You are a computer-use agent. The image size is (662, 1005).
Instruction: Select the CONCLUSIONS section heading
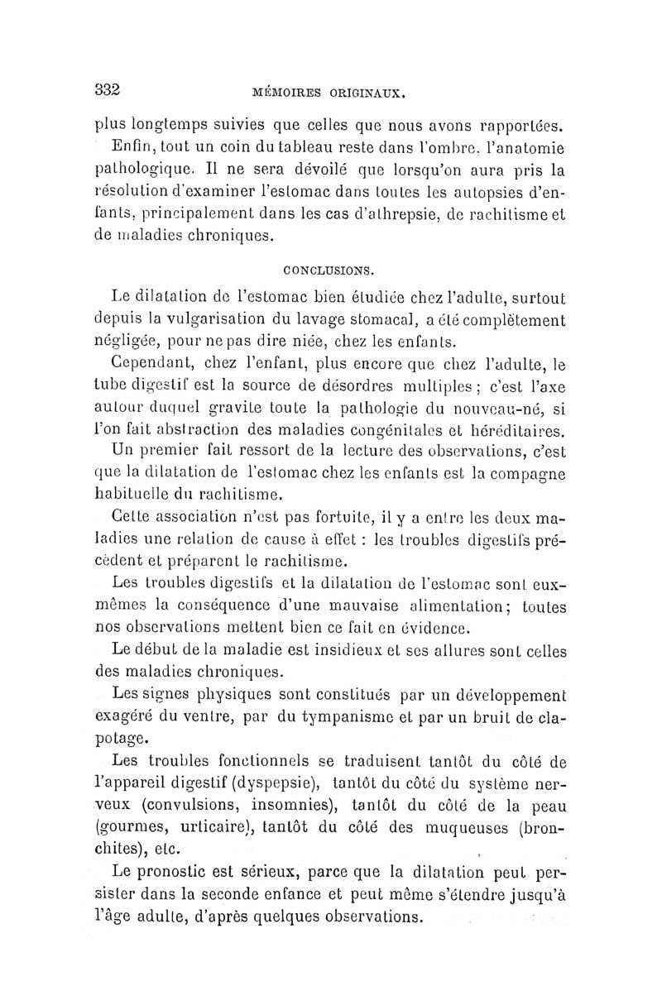pyautogui.click(x=329, y=270)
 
